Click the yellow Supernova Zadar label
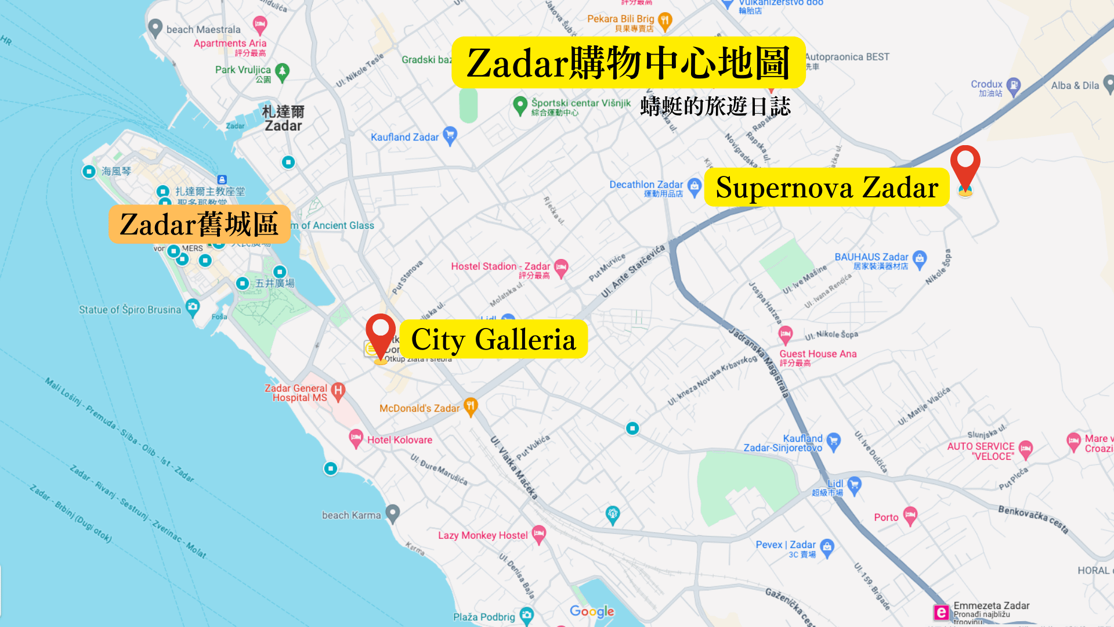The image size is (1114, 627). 826,188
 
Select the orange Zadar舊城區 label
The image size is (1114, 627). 199,224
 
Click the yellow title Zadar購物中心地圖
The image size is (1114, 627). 628,63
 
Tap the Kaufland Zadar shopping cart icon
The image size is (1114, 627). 450,136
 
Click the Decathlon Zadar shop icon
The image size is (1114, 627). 695,186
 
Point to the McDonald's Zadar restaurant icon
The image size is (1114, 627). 471,406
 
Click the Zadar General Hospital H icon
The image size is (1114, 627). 338,391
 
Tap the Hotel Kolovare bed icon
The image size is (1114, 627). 356,438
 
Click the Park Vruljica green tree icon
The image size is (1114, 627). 282,71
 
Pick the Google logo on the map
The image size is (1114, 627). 592,611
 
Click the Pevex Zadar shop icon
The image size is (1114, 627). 827,547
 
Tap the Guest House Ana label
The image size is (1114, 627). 818,354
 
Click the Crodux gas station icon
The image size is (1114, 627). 1013,86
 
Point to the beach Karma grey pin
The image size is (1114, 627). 393,513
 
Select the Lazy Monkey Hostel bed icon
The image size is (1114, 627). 539,534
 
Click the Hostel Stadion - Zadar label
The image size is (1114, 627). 500,266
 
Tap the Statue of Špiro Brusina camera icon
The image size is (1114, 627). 192,307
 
